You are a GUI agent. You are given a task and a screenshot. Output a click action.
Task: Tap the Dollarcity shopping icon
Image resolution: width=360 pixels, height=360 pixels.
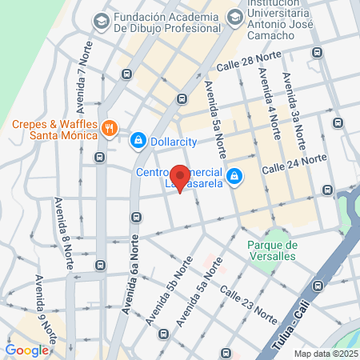(138, 141)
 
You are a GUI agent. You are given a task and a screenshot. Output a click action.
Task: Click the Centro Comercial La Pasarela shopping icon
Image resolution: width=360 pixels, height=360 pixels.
(234, 176)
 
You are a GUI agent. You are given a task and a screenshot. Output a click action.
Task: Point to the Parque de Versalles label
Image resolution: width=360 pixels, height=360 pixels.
(272, 250)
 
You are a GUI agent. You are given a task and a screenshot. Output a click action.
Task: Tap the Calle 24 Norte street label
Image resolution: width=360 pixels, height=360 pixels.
(294, 163)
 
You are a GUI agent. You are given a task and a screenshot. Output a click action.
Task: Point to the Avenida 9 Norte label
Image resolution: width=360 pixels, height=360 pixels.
(44, 304)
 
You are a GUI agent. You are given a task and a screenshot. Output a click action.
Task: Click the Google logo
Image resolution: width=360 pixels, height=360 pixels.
(26, 350)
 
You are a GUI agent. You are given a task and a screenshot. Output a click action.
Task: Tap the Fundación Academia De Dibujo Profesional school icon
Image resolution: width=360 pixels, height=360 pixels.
(102, 22)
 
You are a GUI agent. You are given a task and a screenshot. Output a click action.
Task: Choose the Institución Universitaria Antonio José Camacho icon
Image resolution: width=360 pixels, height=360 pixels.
(234, 16)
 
